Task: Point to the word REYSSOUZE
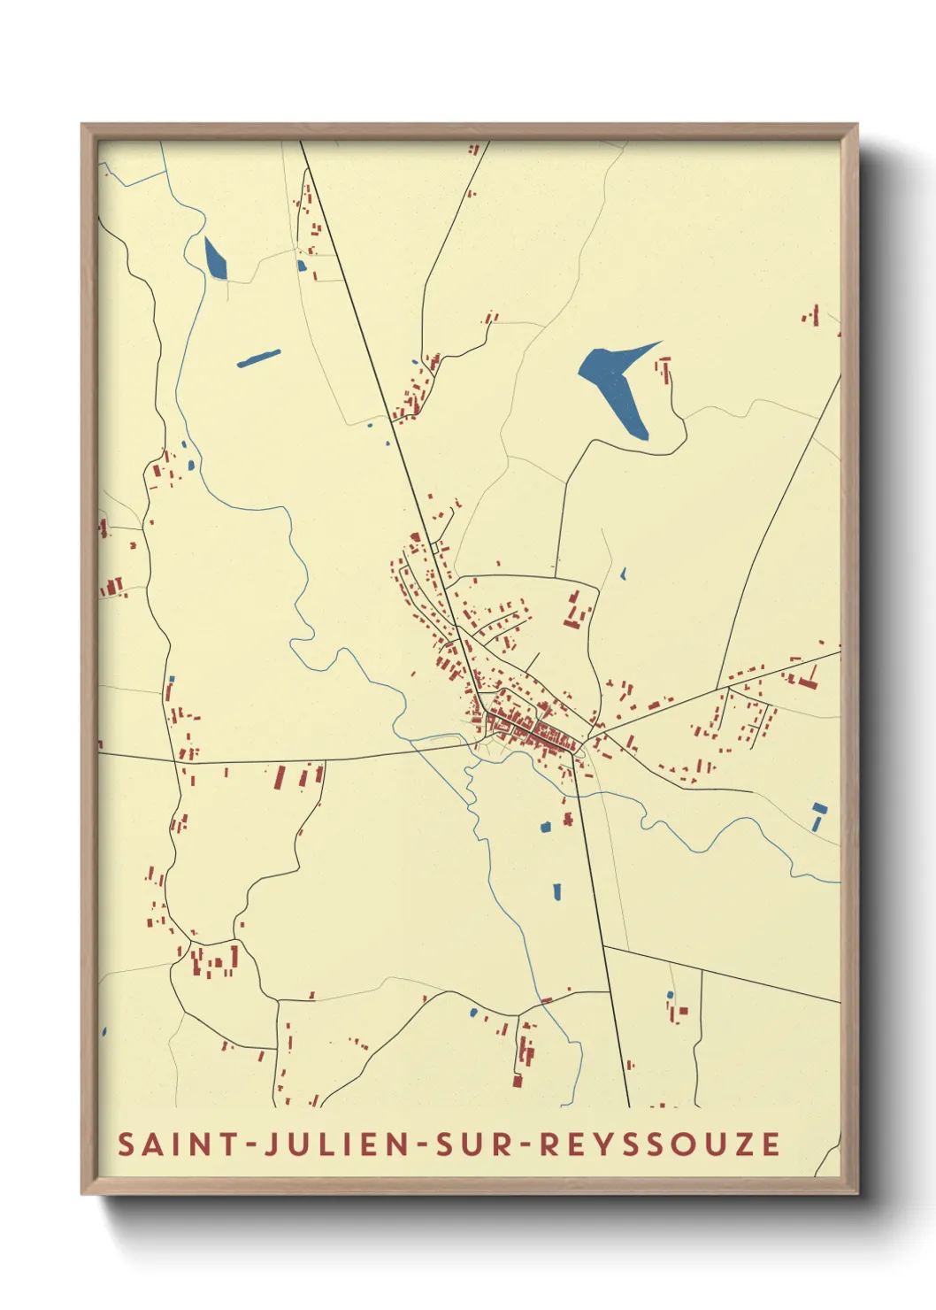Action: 659,1144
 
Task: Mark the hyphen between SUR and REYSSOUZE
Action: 524,1144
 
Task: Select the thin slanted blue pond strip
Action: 258,358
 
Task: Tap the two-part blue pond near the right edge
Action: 818,815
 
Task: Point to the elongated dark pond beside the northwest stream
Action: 215,258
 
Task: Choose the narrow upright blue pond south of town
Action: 556,891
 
